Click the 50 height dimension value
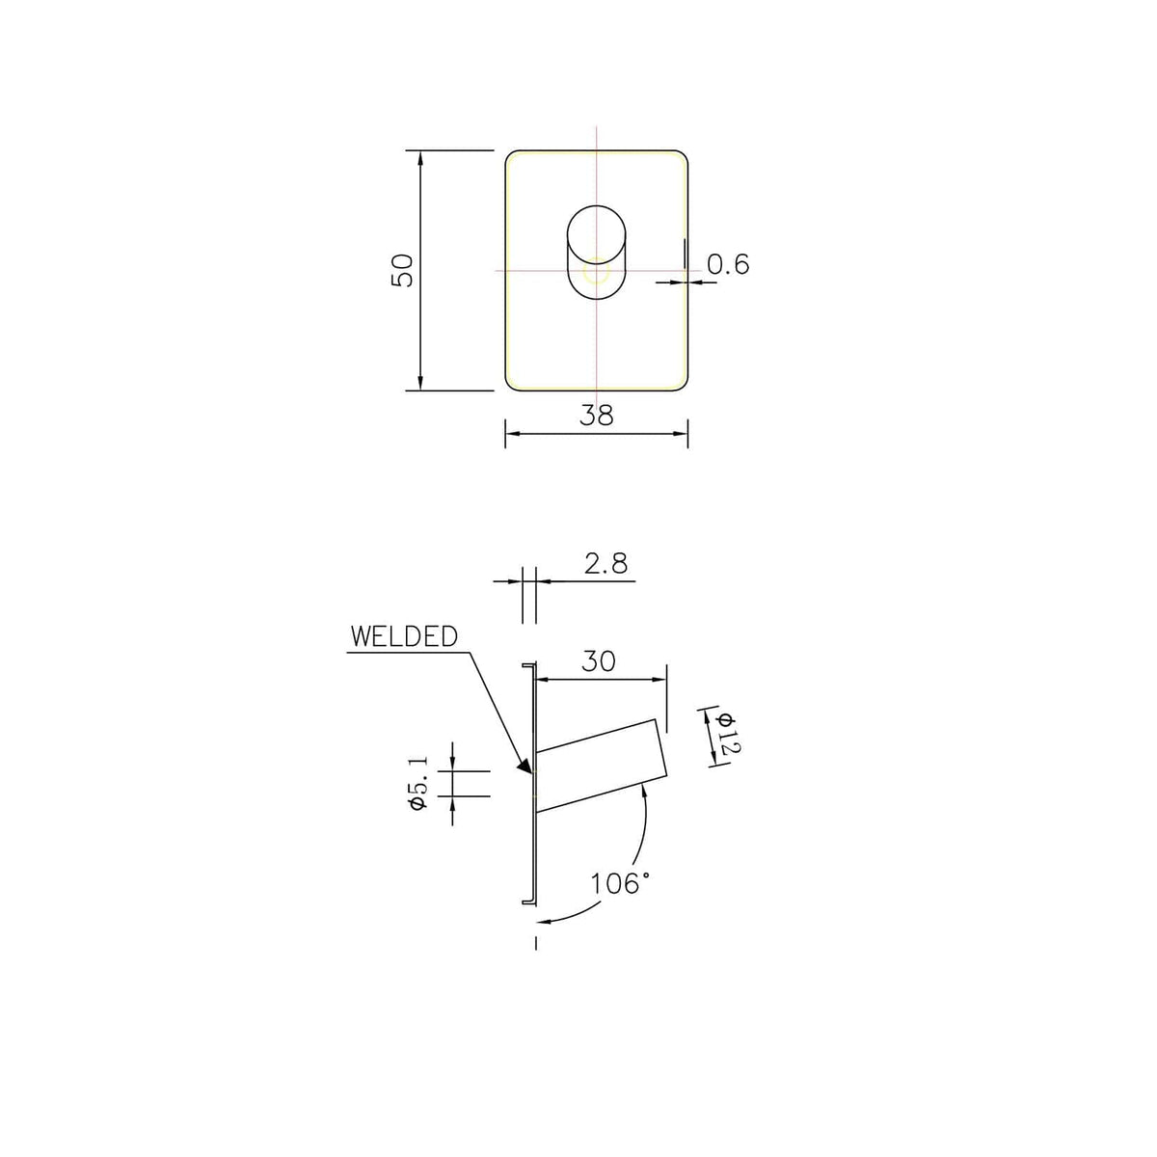(x=402, y=270)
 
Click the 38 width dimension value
(x=597, y=415)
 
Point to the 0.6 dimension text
(x=728, y=264)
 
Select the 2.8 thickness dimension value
(x=605, y=564)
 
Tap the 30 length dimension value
(x=599, y=661)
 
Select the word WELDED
(x=404, y=637)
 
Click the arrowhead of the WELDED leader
(x=526, y=767)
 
